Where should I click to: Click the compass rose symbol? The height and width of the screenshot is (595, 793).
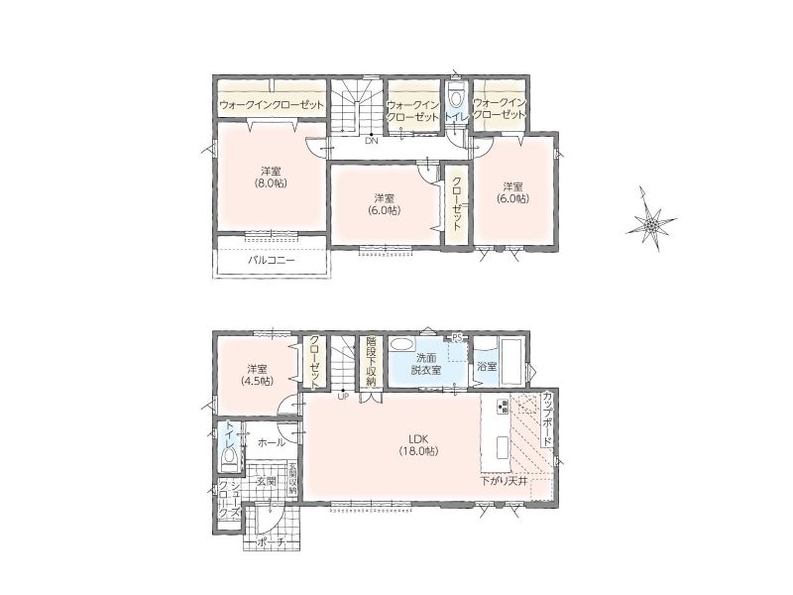tap(651, 219)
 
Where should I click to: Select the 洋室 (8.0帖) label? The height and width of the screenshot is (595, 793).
tap(271, 178)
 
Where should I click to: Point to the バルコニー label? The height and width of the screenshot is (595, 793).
tap(271, 261)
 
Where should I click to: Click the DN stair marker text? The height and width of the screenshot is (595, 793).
tap(372, 141)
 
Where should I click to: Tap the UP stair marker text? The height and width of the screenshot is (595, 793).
tap(343, 396)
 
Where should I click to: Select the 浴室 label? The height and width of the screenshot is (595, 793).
tap(487, 366)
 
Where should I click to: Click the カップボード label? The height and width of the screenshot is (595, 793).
tap(547, 417)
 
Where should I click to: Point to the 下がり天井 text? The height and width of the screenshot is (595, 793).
tap(504, 481)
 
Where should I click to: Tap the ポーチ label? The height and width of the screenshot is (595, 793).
tap(272, 542)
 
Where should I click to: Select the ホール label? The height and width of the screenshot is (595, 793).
tap(271, 443)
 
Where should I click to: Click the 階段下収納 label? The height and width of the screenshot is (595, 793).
tap(372, 361)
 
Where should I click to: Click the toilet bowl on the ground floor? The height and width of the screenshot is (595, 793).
tap(230, 459)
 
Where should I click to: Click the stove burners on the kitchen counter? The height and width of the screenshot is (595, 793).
tap(504, 407)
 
